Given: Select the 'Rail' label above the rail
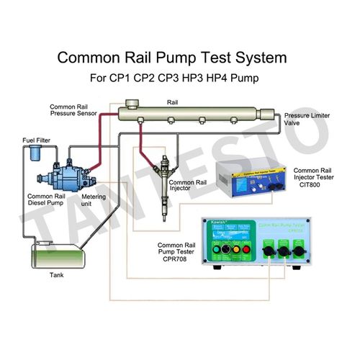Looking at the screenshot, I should pyautogui.click(x=171, y=102).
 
